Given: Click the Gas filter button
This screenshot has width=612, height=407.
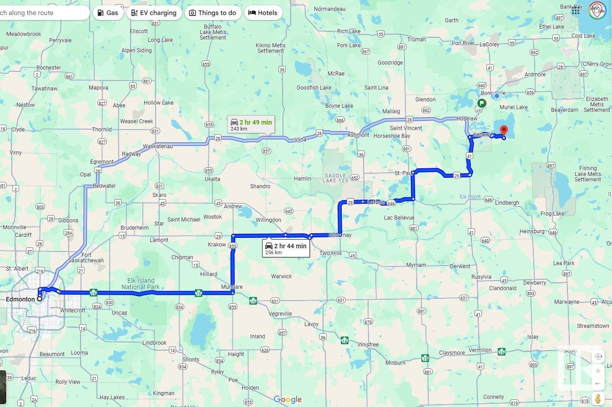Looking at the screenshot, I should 108,13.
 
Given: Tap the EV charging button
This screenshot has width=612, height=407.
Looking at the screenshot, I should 154,13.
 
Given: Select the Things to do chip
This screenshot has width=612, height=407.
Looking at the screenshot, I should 212,13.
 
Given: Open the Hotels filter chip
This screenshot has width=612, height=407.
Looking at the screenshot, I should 263,13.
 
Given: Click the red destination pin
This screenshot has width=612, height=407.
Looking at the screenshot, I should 504,131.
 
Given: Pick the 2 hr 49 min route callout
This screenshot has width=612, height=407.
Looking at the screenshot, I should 251,125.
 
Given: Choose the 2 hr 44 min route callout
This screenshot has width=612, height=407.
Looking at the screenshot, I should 286,248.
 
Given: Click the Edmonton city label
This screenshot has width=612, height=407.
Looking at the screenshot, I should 20,299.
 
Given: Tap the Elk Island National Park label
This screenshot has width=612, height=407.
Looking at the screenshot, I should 141,284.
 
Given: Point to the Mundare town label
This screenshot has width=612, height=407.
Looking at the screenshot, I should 232,287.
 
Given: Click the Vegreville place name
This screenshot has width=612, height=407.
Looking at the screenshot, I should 280,314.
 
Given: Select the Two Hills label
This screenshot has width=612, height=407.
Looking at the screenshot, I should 330,253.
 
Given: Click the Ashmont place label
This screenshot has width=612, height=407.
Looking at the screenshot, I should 358,135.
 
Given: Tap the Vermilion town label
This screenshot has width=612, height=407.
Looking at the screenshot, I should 480,350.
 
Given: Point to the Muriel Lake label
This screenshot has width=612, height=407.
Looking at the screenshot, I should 514,107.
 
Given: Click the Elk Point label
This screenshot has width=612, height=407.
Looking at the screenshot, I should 470,197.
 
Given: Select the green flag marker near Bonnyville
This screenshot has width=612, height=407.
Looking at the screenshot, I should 481,103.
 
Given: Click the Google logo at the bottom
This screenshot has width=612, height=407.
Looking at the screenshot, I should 288,400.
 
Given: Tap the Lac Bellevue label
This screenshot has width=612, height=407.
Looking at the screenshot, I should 399,218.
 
